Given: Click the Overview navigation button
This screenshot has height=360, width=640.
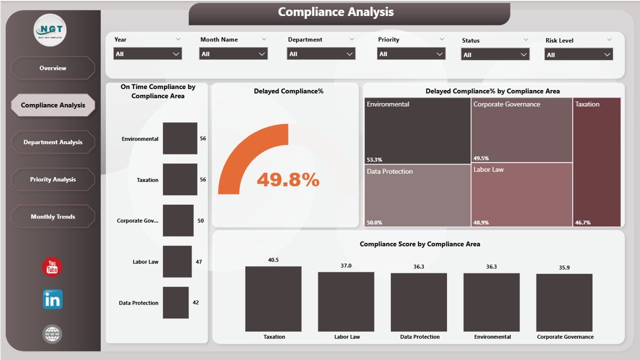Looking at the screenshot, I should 52,68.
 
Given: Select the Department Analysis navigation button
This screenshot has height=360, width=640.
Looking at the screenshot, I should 52,142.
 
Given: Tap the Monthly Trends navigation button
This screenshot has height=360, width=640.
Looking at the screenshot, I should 52,216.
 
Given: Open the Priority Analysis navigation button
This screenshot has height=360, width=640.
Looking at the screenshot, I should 52,179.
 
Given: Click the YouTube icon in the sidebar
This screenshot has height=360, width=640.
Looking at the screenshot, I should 52,267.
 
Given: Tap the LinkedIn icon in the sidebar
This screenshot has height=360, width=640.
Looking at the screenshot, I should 52,299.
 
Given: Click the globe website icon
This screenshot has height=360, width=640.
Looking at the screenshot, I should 52,333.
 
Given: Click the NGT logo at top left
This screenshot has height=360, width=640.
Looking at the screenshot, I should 50,30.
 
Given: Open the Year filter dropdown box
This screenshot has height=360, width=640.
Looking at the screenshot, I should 147,54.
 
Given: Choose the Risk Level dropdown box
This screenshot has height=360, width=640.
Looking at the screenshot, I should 578,54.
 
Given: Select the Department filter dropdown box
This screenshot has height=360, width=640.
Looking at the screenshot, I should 321,54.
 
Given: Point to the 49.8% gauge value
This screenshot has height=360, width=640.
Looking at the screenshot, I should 288,180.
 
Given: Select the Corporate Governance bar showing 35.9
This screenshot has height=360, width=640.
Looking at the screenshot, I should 564,302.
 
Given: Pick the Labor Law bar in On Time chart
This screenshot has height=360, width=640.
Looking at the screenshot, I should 177,261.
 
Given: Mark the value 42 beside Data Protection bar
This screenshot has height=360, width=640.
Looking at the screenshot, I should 195,302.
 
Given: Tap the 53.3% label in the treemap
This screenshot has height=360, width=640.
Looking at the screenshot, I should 374,159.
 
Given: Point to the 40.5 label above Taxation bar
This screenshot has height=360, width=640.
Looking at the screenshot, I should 273,260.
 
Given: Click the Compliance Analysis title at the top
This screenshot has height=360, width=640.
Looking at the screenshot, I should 335,12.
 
